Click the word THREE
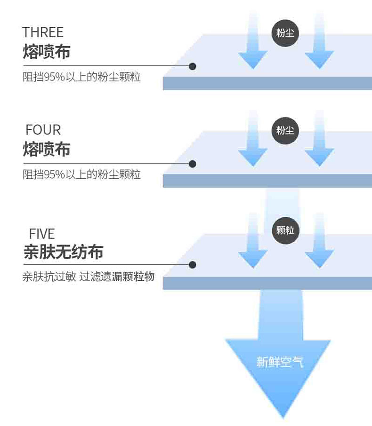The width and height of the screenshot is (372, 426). click(42, 32)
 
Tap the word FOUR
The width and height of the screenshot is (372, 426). click(43, 130)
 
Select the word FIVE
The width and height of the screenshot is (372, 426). click(42, 234)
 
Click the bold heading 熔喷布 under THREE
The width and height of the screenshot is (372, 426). click(46, 51)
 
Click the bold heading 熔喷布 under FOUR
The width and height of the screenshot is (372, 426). click(46, 149)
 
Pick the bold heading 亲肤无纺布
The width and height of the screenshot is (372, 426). click(63, 252)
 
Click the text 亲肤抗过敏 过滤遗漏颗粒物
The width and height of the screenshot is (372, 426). click(88, 276)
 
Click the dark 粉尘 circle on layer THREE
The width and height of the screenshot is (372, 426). click(285, 32)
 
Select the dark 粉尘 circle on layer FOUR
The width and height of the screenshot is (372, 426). click(285, 130)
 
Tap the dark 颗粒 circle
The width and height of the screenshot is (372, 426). click(285, 230)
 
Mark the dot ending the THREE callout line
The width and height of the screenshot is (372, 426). click(192, 66)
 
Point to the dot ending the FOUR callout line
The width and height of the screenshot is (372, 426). click(192, 164)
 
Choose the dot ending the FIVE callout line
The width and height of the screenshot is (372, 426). click(192, 265)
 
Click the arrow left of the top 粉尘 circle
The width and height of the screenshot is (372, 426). click(253, 47)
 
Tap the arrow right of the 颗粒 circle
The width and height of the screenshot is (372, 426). click(319, 245)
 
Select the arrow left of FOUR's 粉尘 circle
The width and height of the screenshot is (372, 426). click(253, 143)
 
